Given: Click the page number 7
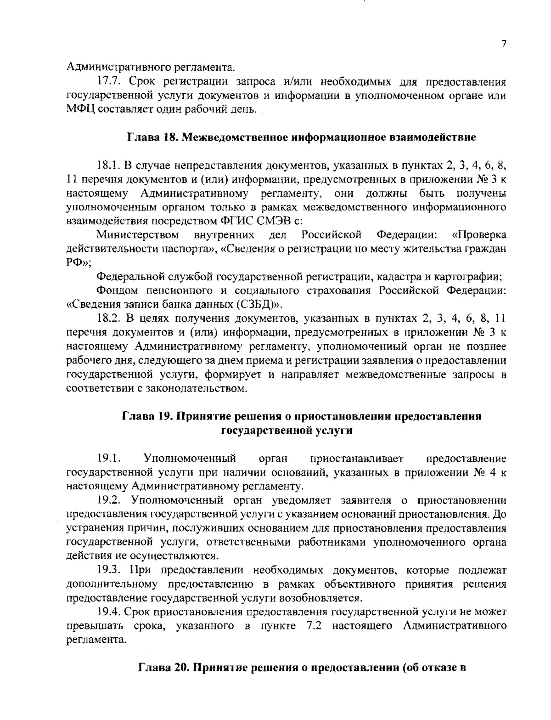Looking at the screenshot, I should pyautogui.click(x=503, y=44).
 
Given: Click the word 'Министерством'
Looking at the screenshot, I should pyautogui.click(x=138, y=235).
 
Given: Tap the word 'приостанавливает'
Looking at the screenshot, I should pyautogui.click(x=357, y=458).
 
